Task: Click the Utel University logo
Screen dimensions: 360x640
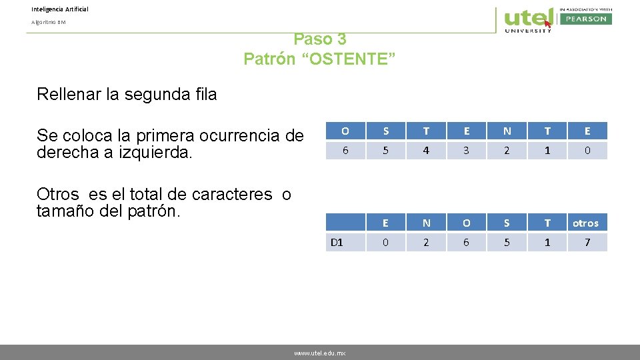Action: (529, 19)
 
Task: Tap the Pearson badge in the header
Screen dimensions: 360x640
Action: (585, 19)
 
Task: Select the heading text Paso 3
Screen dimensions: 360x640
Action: (319, 39)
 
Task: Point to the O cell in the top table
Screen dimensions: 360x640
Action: (345, 131)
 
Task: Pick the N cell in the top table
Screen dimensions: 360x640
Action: (507, 131)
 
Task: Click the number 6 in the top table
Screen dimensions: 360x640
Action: (345, 151)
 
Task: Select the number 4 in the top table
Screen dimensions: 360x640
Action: (426, 151)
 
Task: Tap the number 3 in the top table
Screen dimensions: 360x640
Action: (466, 151)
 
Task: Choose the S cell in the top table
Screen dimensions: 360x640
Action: (385, 131)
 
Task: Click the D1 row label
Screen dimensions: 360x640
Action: (337, 242)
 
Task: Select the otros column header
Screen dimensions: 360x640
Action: (585, 223)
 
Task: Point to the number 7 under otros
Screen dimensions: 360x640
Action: (587, 242)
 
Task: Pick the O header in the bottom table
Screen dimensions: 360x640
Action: (466, 223)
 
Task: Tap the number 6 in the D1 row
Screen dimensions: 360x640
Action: (466, 242)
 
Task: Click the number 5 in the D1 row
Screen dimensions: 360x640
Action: (507, 242)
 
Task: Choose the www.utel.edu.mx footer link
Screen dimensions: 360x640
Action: (319, 353)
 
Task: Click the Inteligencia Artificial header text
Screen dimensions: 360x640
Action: (59, 9)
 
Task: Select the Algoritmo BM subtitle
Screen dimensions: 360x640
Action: (48, 22)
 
